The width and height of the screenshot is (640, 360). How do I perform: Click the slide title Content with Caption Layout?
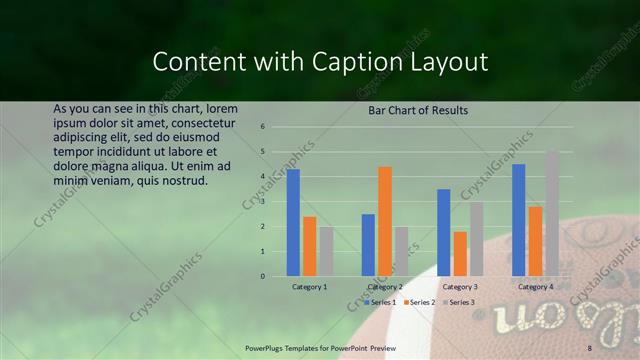pos(320,62)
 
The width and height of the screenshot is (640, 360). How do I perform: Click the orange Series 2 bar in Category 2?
pos(385,221)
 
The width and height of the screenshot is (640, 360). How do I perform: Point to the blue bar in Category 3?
pos(444,232)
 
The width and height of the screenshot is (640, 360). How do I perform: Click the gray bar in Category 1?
pos(326,251)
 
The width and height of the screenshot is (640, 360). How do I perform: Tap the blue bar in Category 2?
pos(368,244)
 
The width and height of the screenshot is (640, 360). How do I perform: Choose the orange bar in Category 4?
pos(536,241)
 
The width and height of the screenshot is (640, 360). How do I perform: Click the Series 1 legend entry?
pos(380,302)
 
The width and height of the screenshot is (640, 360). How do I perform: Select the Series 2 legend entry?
pos(420,302)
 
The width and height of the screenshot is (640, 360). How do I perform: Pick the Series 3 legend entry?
pos(460,302)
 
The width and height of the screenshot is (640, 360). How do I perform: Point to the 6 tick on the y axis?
pos(262,127)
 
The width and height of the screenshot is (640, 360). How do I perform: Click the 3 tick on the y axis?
pos(262,202)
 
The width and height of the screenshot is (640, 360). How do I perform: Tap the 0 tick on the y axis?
pos(262,276)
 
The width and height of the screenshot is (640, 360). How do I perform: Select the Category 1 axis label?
pos(309,287)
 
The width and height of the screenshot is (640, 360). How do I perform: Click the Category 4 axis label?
pos(535,287)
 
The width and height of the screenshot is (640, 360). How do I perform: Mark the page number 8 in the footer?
pos(589,347)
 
